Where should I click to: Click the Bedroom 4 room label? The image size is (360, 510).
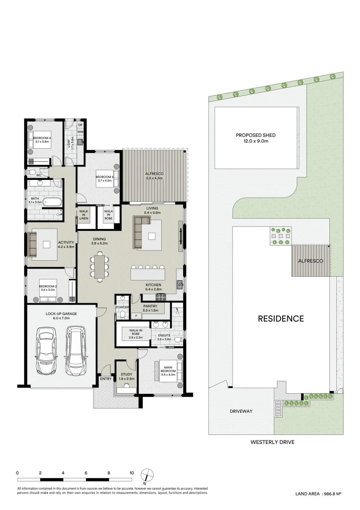pyautogui.click(x=42, y=139)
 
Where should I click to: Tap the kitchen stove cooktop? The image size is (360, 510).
pyautogui.click(x=161, y=297)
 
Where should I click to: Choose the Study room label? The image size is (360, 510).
pyautogui.click(x=126, y=376)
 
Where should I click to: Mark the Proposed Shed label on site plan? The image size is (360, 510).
pyautogui.click(x=256, y=138)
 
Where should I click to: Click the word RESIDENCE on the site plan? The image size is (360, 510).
pyautogui.click(x=280, y=319)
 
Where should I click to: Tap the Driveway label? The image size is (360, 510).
pyautogui.click(x=241, y=411)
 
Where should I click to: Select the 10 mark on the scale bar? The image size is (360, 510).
pyautogui.click(x=132, y=473)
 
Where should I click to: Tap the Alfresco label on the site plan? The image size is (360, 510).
pyautogui.click(x=310, y=261)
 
